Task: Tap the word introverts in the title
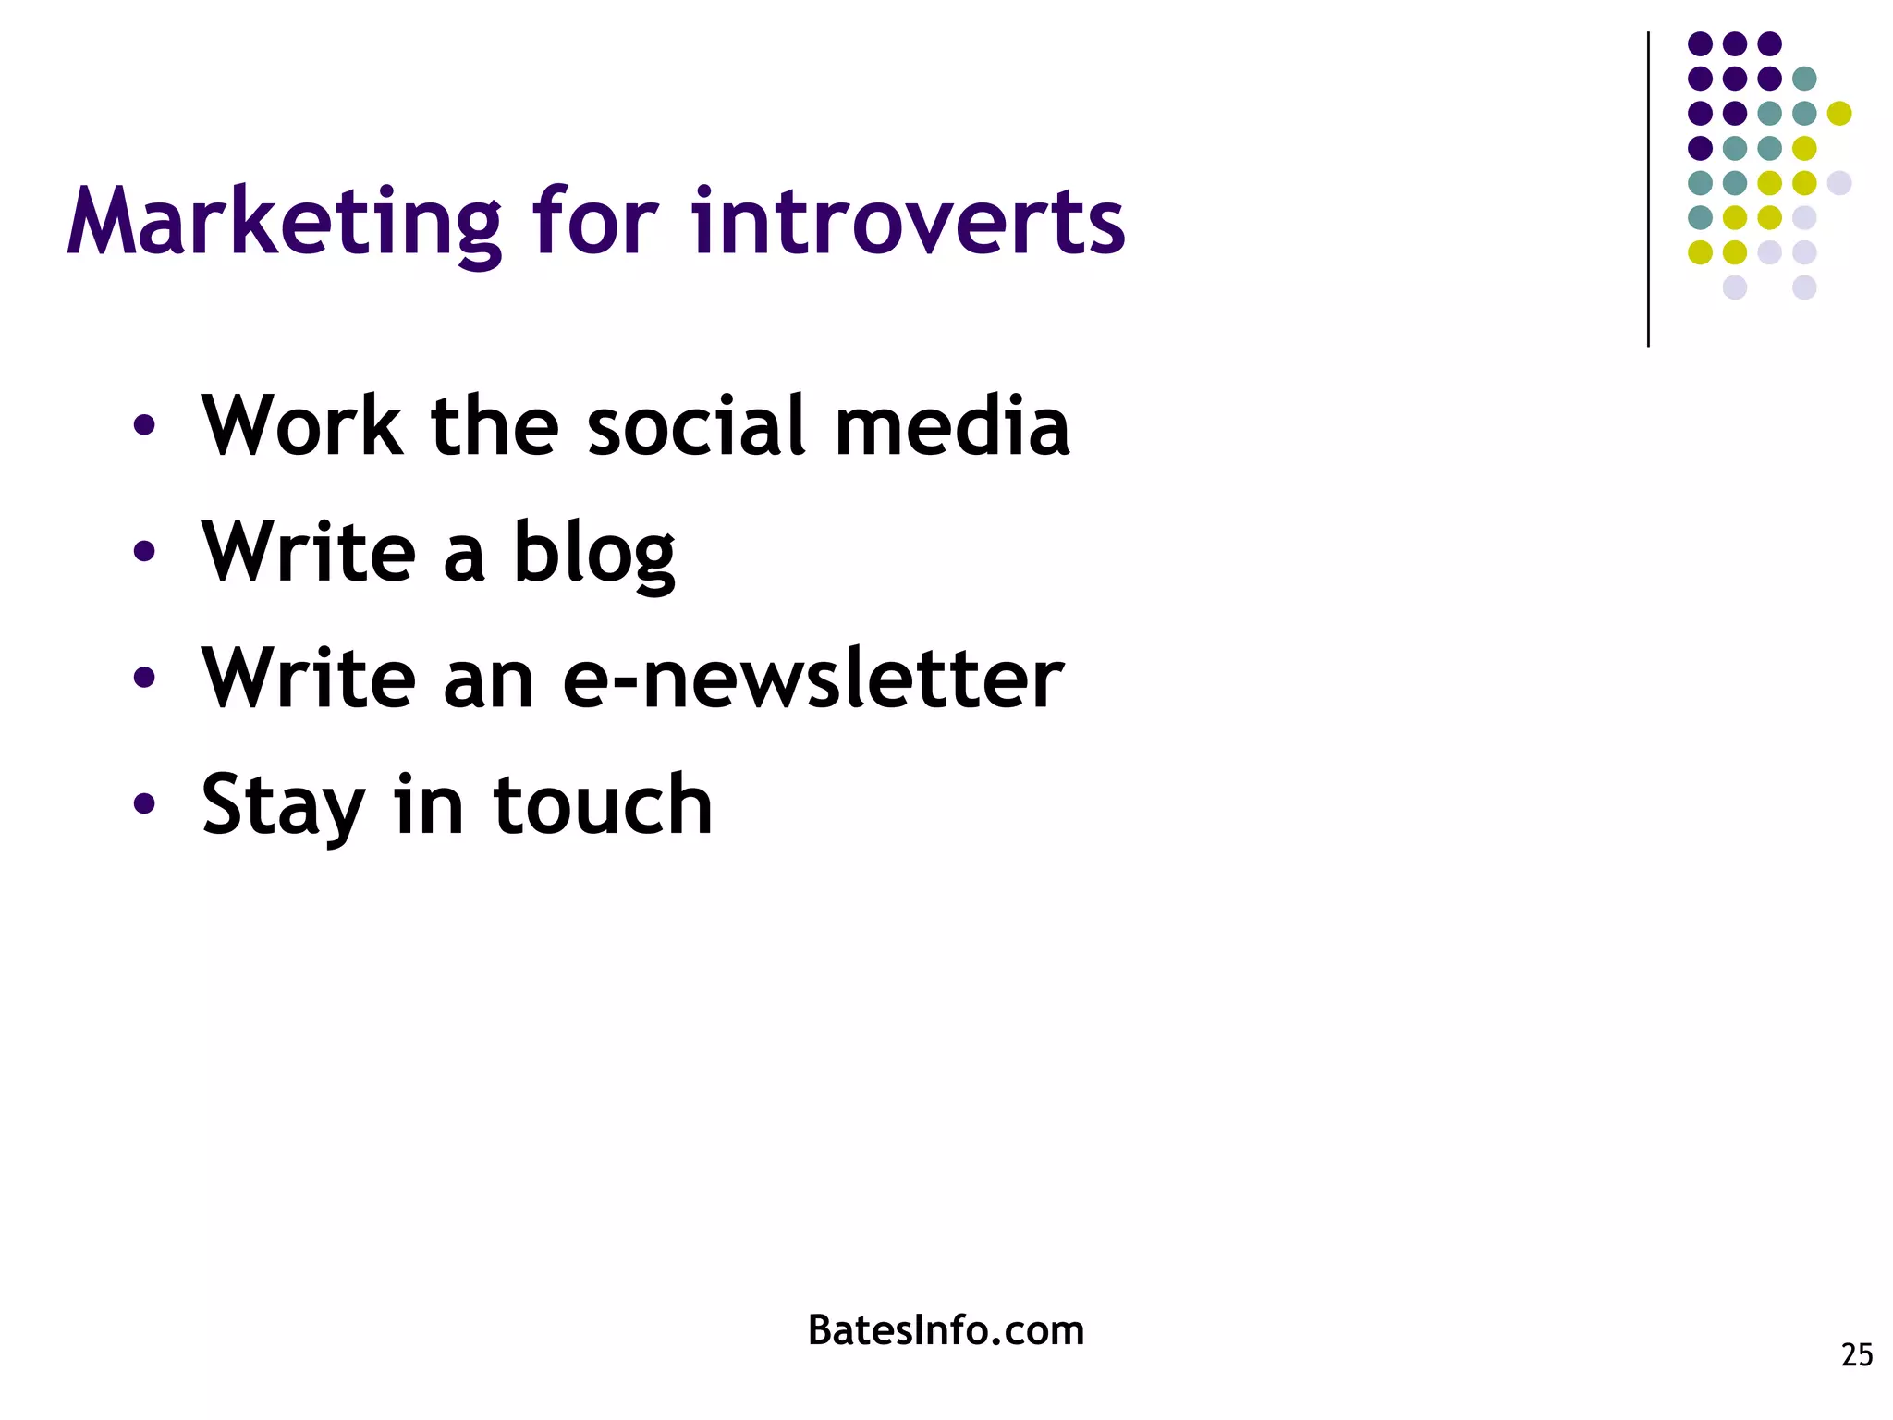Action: tap(908, 224)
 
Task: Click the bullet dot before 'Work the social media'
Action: tap(143, 426)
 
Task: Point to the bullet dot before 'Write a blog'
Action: tap(143, 552)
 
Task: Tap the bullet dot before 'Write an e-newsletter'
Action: tap(143, 678)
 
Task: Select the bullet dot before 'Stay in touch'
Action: tap(143, 803)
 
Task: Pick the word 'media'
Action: tap(952, 426)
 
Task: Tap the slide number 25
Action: tap(1856, 1355)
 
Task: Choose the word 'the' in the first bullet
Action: tap(495, 426)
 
